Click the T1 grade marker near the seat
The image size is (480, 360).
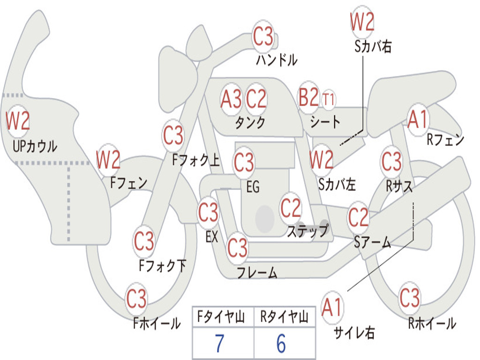(x=328, y=99)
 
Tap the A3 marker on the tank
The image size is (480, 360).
(x=231, y=99)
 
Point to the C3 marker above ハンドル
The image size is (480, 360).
(x=263, y=36)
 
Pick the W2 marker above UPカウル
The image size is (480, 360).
(x=18, y=120)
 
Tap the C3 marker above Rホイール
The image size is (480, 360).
(x=410, y=297)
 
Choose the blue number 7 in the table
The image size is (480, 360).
(x=220, y=344)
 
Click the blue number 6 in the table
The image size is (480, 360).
(x=281, y=344)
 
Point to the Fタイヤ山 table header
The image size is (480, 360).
(x=221, y=316)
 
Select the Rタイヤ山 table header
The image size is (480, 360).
(x=285, y=316)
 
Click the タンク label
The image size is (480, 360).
(x=250, y=122)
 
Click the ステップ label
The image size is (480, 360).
(x=307, y=231)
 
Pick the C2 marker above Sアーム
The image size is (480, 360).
(x=358, y=217)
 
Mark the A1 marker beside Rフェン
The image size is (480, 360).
(x=418, y=119)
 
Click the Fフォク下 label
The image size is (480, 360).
(x=163, y=265)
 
